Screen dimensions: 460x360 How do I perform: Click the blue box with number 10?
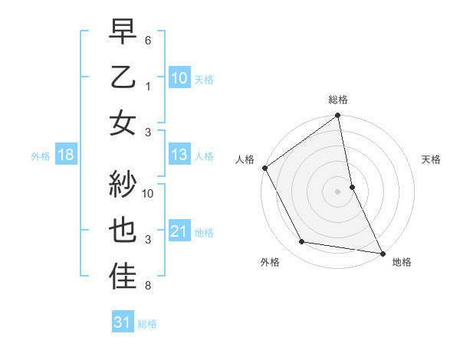click(x=179, y=77)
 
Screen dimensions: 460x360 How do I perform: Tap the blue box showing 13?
click(x=179, y=155)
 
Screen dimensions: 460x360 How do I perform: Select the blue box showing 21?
click(x=179, y=231)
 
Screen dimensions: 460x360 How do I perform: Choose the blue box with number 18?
click(x=66, y=155)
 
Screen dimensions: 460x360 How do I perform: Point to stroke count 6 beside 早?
click(x=149, y=39)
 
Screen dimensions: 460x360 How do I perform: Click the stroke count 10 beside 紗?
click(x=149, y=193)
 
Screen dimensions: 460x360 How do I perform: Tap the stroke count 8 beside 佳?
click(x=149, y=286)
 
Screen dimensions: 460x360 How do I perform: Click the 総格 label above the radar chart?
click(x=338, y=100)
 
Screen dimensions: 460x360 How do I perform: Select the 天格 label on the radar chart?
click(x=432, y=159)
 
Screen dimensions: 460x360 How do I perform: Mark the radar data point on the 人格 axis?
click(x=264, y=168)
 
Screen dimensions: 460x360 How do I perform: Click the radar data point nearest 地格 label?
click(x=382, y=252)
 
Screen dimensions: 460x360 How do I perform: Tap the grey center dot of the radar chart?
click(x=338, y=191)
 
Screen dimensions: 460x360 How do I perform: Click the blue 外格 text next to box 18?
click(x=41, y=156)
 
